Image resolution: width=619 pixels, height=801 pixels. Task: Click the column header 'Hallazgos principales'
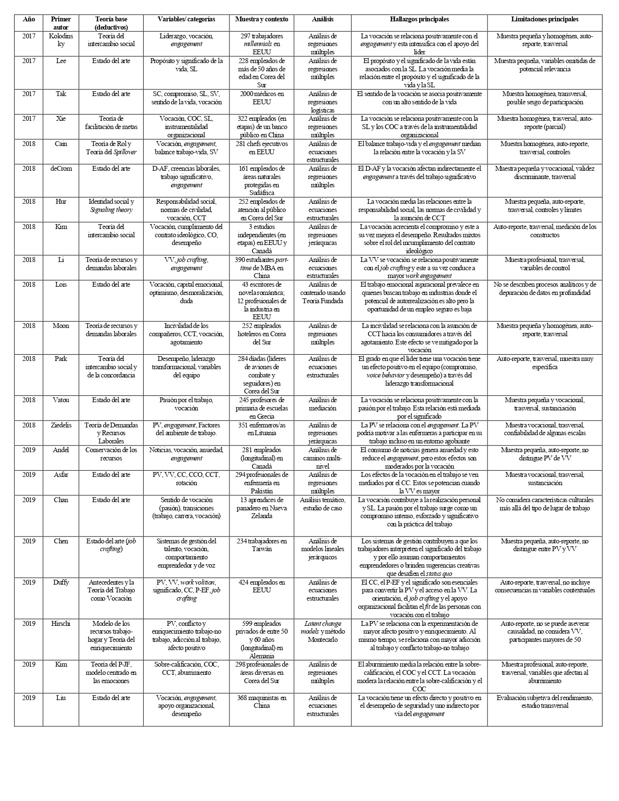419,19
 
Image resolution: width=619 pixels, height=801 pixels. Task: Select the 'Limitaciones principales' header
544,19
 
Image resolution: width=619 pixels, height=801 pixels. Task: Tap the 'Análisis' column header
322,19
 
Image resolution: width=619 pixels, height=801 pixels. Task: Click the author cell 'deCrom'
61,168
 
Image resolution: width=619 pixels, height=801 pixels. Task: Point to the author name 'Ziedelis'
61,425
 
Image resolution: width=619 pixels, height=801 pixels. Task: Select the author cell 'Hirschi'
61,623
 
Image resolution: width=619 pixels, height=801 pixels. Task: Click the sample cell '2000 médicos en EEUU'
261,98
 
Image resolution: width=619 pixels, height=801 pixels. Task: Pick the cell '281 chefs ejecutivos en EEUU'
261,147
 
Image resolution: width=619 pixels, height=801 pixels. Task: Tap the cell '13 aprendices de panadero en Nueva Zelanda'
261,508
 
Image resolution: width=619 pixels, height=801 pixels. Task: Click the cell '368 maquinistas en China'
261,702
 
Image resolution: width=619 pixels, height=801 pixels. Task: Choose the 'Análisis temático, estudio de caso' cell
322,504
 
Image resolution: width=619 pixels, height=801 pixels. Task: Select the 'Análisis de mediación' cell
322,404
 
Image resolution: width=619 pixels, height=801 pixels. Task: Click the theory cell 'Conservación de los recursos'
111,454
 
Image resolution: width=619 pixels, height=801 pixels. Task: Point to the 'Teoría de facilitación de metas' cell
111,122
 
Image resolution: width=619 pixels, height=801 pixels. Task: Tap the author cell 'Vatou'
61,400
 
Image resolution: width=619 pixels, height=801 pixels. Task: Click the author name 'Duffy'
61,582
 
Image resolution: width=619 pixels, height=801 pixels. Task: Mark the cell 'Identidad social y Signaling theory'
111,206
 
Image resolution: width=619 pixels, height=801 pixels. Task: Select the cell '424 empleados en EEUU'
261,586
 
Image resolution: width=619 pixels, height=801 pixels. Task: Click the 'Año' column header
29,19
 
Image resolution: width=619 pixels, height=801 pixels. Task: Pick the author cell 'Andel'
61,450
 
